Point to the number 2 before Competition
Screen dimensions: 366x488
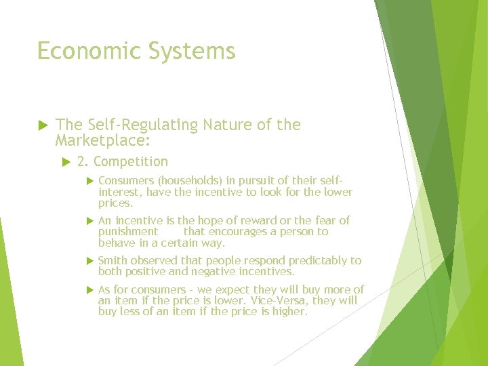[81, 161]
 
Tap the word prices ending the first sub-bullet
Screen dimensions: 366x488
[115, 203]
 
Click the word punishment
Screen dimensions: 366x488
[127, 231]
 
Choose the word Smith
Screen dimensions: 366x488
[113, 260]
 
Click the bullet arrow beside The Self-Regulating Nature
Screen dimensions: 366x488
[41, 125]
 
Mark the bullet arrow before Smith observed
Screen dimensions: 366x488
[88, 260]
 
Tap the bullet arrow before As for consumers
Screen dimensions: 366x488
[88, 289]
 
